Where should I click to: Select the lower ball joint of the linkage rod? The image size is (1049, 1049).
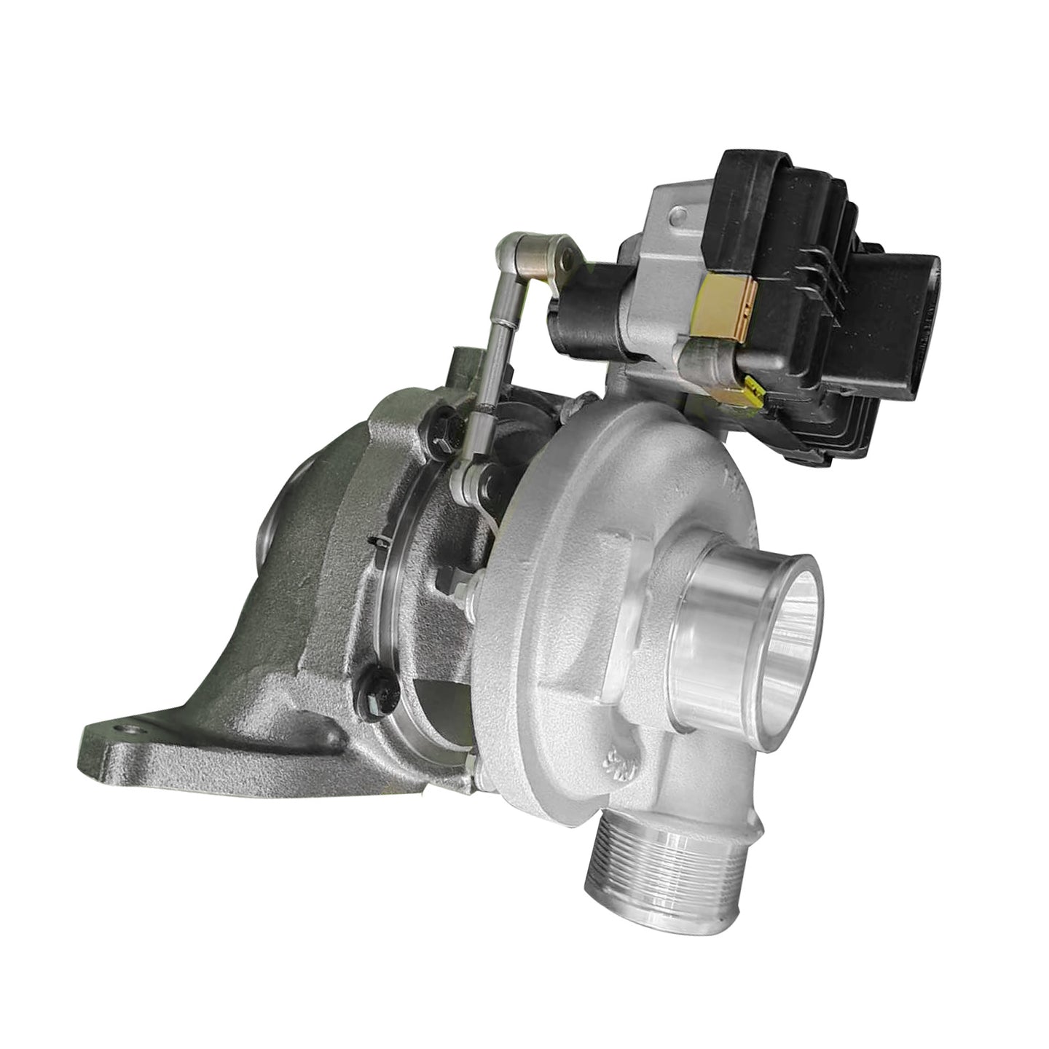pos(467,481)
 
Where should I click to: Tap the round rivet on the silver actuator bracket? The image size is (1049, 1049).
pos(679,216)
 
